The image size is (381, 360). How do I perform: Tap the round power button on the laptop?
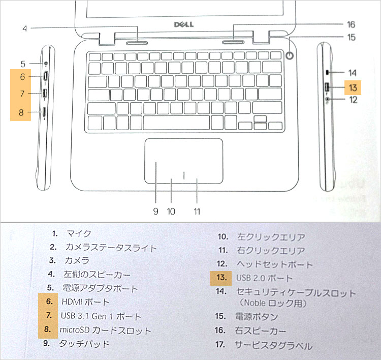291,56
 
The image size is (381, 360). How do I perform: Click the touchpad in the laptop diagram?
183,161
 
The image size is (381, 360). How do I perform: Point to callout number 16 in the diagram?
351,24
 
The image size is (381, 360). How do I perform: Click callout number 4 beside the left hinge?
24,28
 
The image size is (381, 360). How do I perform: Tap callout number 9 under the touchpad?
155,211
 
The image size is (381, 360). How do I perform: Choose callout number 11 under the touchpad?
196,211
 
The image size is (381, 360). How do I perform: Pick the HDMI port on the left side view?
45,77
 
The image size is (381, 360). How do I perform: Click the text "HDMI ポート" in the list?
85,302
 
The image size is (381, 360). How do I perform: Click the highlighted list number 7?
49,316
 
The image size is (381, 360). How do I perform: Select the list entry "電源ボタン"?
256,316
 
